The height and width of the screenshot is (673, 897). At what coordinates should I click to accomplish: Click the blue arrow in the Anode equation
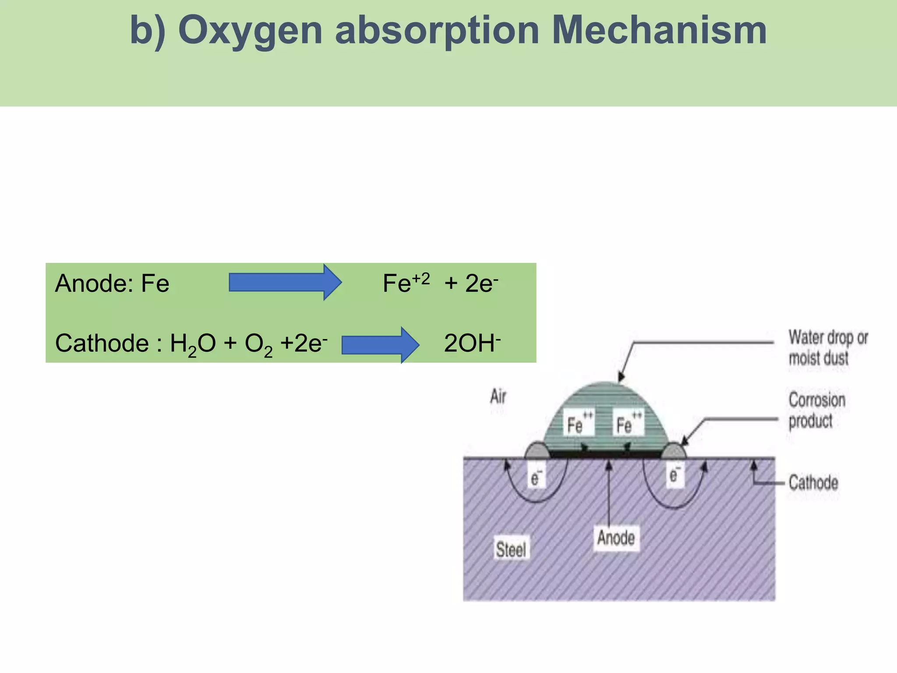point(285,282)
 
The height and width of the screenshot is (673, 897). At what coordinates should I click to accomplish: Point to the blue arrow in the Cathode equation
point(381,345)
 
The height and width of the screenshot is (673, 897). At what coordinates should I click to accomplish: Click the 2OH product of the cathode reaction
point(472,342)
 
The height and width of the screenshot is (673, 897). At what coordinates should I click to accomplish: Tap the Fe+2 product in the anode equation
point(406,283)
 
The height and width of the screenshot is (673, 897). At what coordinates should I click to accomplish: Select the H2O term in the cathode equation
point(193,344)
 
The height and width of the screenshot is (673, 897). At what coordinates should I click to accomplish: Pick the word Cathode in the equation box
point(102,343)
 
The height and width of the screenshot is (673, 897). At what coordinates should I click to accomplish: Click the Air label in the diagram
point(498,397)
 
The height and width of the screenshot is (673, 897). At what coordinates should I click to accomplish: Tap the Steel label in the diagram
point(511,549)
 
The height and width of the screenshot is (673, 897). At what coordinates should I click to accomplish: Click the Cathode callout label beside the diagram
point(813,482)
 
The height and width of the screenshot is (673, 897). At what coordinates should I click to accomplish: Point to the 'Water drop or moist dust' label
point(828,348)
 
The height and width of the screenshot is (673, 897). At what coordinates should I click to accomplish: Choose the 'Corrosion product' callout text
point(817,410)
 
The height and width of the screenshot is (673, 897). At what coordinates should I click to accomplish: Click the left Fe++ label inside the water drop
point(579,422)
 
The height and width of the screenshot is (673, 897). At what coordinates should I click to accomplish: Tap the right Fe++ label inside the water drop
point(629,422)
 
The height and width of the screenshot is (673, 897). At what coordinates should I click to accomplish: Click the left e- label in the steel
point(536,477)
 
